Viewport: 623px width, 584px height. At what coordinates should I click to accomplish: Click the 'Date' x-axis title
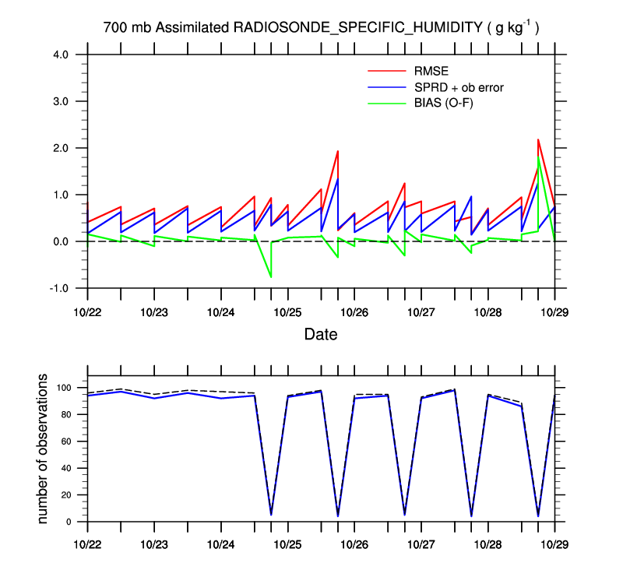tap(321, 334)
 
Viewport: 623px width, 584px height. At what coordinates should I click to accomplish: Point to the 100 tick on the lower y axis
tap(65, 388)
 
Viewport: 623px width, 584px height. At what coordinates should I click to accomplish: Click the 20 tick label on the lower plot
tap(67, 495)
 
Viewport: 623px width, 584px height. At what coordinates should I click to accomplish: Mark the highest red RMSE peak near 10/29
tap(538, 139)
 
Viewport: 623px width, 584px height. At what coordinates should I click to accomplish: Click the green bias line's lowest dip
tap(271, 277)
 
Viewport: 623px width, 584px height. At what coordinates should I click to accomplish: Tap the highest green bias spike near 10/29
tap(538, 157)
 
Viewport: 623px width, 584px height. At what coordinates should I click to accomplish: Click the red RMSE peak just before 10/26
tap(337, 151)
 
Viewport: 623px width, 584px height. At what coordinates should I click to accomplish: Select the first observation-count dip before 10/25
tap(271, 514)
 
